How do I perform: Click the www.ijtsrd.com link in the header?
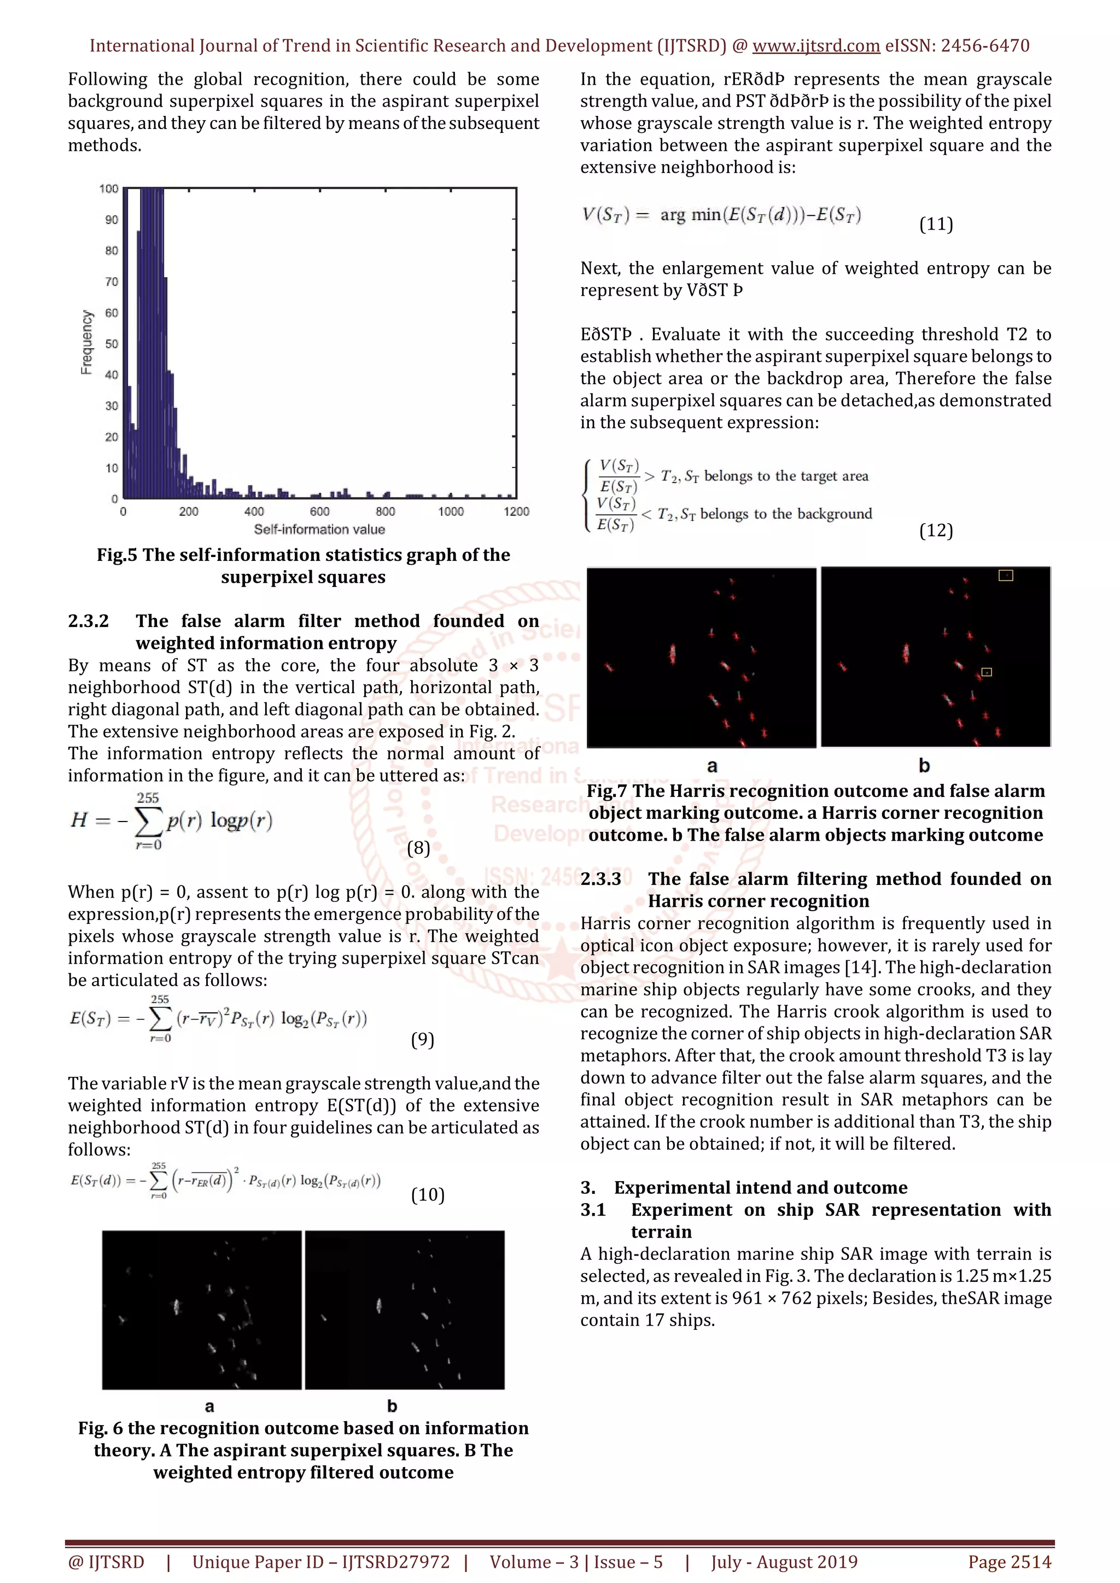tap(816, 46)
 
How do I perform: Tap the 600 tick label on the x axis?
tap(319, 512)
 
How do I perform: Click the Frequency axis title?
tap(87, 342)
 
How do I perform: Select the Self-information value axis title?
tap(319, 530)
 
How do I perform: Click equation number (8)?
tap(418, 847)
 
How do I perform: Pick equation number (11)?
tap(936, 224)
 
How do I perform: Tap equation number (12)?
tap(936, 530)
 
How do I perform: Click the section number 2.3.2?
tap(88, 621)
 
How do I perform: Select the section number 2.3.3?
tap(600, 879)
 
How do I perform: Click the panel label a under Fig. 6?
tap(209, 1406)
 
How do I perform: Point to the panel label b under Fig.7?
tap(924, 765)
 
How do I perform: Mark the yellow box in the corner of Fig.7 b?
tap(1006, 575)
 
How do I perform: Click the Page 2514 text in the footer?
tap(1010, 1562)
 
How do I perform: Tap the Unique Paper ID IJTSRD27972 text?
tap(320, 1562)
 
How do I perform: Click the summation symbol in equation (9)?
tap(160, 1018)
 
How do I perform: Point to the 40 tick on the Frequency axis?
tap(111, 374)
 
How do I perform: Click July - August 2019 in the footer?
tap(784, 1562)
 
